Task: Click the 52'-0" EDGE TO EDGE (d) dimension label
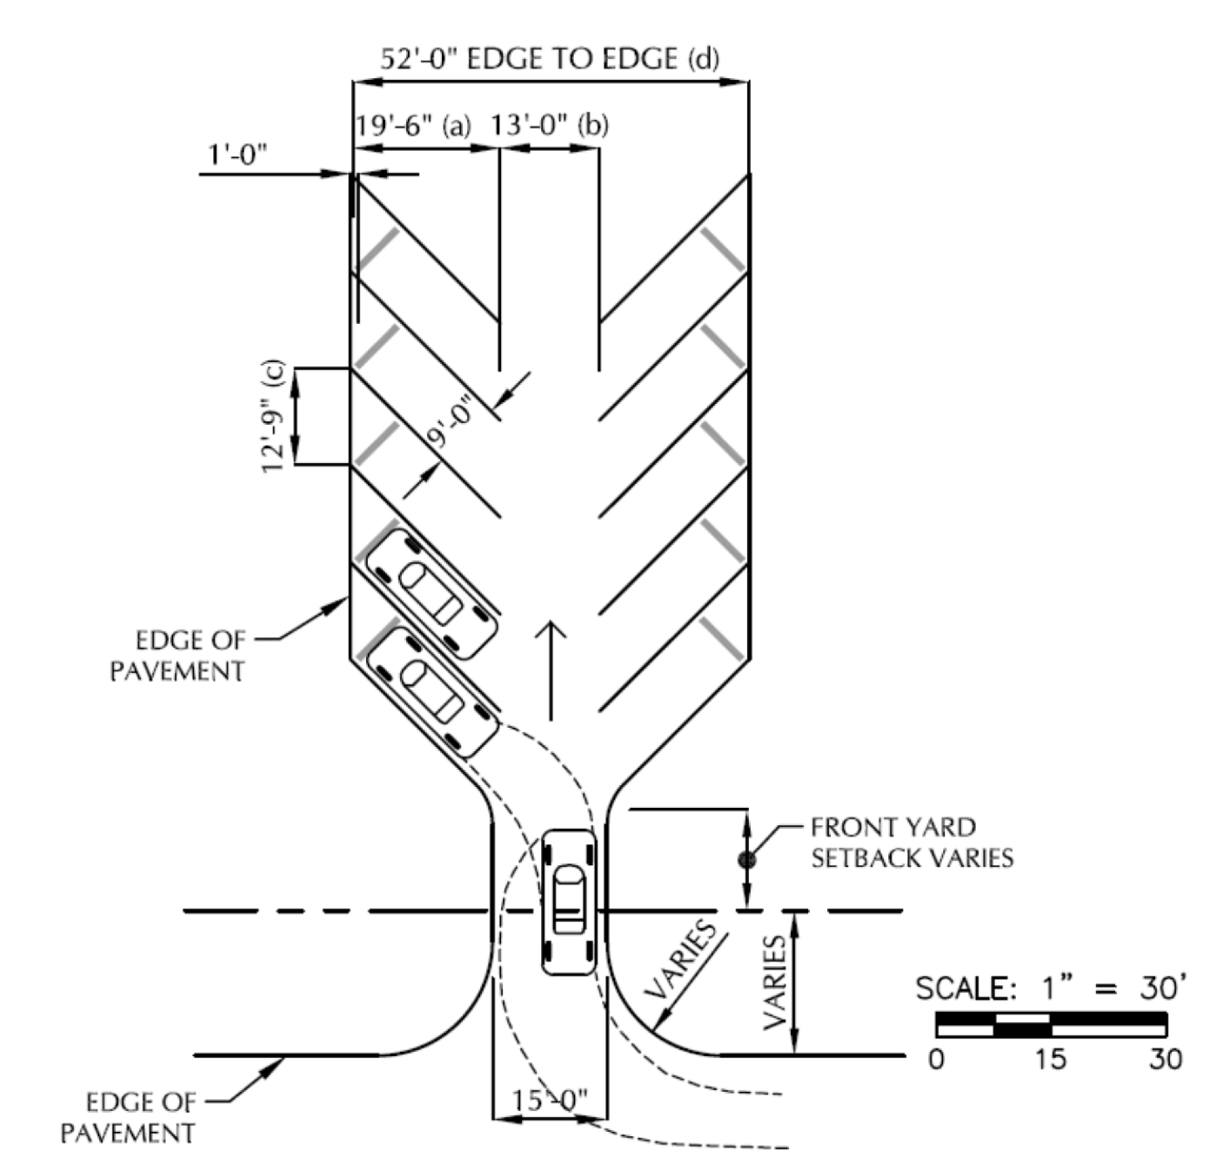(550, 58)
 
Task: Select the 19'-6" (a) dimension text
(412, 126)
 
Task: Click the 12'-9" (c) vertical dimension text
(273, 416)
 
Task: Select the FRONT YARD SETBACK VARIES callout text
(912, 842)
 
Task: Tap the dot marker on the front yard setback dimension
(746, 859)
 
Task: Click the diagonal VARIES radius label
(681, 960)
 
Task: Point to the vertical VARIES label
(774, 982)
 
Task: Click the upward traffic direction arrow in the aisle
(551, 671)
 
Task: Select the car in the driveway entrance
(569, 902)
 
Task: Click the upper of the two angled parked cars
(432, 594)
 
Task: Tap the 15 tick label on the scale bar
(1050, 1058)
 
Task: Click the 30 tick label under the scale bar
(1165, 1058)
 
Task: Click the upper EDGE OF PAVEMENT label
(178, 656)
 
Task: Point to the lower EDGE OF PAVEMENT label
(128, 1118)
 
